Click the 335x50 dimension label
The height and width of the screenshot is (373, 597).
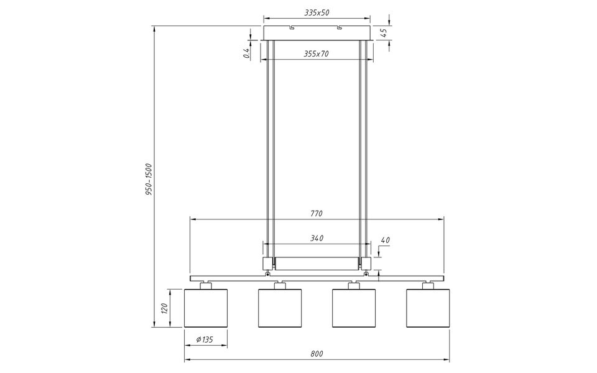point(317,12)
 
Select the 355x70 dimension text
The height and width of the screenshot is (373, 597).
point(317,54)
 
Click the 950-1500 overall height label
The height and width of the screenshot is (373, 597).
point(149,180)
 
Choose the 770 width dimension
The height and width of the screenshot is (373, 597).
point(317,213)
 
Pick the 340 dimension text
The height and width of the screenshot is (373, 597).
point(317,238)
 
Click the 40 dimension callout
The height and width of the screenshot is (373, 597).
point(385,240)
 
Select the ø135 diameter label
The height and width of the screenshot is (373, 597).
point(206,339)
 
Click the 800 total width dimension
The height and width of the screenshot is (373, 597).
point(317,354)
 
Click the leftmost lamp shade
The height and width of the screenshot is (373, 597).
point(206,308)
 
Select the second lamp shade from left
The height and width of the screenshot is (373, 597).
point(280,308)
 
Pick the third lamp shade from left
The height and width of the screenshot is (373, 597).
point(354,308)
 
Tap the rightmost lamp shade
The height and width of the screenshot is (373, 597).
point(428,308)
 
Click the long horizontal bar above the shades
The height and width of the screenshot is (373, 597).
point(317,278)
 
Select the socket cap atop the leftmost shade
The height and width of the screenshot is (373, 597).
point(206,285)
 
